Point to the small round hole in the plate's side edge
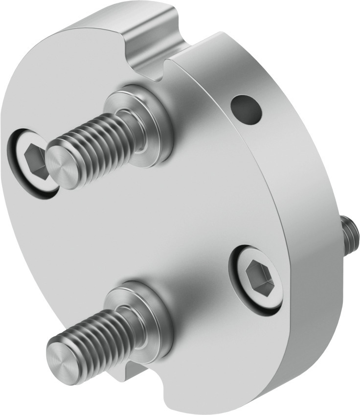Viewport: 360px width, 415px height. [246, 108]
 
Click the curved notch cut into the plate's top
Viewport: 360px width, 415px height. [147, 54]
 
